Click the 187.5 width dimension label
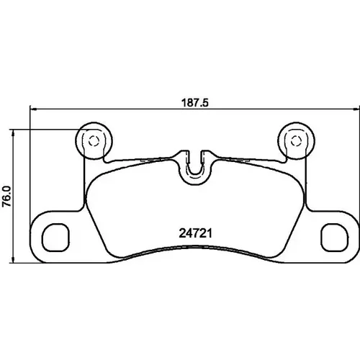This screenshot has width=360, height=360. (x=195, y=103)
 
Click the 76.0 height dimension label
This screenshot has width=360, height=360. (x=6, y=196)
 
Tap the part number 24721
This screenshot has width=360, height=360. (x=195, y=233)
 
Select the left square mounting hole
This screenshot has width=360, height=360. (x=55, y=237)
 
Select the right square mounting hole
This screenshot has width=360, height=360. (x=334, y=237)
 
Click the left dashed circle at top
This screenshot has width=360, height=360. (x=94, y=141)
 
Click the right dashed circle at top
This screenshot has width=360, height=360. (x=296, y=141)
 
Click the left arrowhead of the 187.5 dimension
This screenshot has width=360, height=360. (x=32, y=109)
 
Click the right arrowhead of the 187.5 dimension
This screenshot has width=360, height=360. (x=356, y=109)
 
